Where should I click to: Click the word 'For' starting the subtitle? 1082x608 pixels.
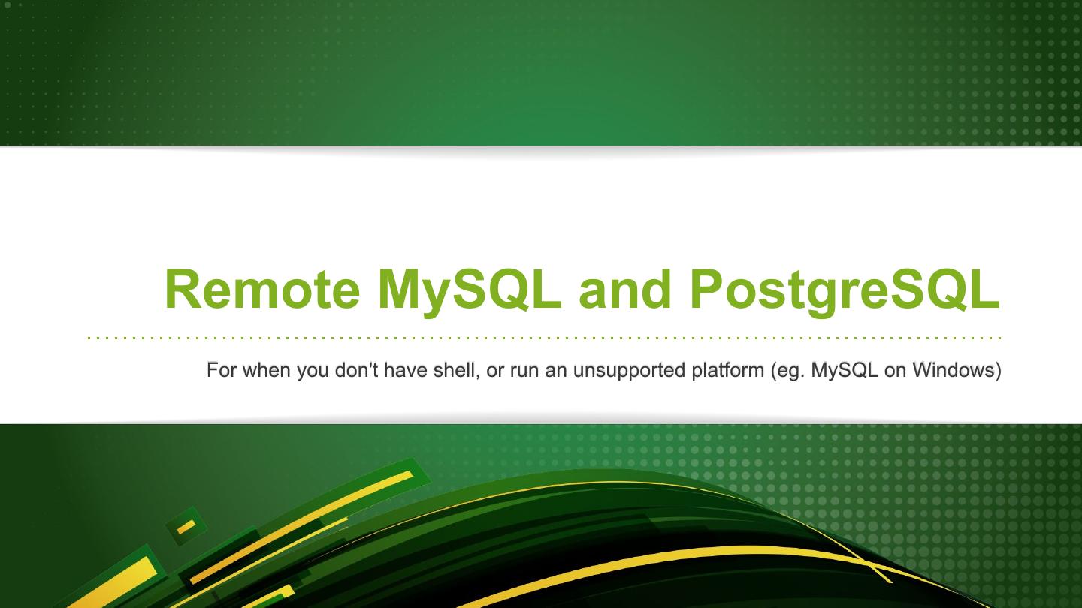(x=222, y=370)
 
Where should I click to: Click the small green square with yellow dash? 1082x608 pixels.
(x=186, y=527)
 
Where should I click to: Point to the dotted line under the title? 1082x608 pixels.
(x=544, y=338)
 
